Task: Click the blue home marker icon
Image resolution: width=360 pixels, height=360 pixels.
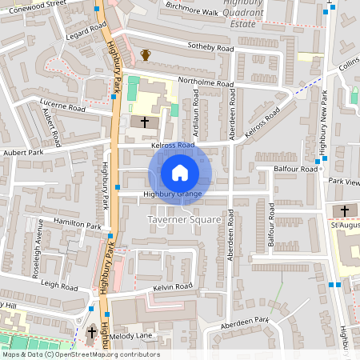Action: (x=180, y=172)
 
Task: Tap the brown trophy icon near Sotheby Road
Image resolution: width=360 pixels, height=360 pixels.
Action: (x=146, y=54)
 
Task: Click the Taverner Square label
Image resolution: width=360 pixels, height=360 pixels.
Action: (x=184, y=219)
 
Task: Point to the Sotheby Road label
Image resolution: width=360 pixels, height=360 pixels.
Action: (x=210, y=48)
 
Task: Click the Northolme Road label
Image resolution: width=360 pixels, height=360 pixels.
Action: (x=206, y=83)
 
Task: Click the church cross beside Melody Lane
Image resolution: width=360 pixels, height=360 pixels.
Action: (x=91, y=331)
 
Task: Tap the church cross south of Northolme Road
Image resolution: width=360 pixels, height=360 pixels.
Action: (x=145, y=122)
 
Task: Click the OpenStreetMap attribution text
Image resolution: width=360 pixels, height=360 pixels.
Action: (x=80, y=354)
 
